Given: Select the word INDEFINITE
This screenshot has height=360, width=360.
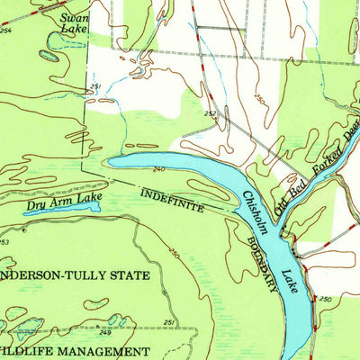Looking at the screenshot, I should point(172,200).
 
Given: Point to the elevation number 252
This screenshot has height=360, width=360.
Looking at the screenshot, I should point(210,114).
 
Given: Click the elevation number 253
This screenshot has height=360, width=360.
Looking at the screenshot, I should point(4,241).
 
